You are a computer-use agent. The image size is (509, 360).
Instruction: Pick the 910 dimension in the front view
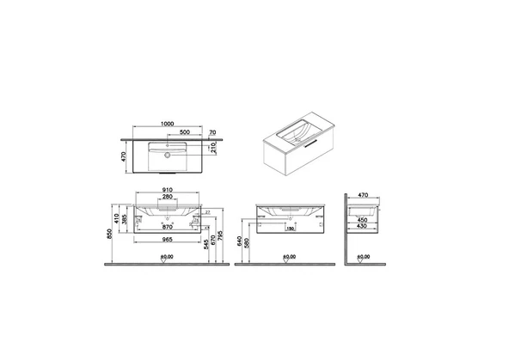pyautogui.click(x=169, y=191)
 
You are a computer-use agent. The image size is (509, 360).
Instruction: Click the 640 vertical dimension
pyautogui.click(x=239, y=241)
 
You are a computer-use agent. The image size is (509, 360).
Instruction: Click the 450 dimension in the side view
pyautogui.click(x=361, y=220)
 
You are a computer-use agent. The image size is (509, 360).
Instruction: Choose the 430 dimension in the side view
pyautogui.click(x=361, y=227)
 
